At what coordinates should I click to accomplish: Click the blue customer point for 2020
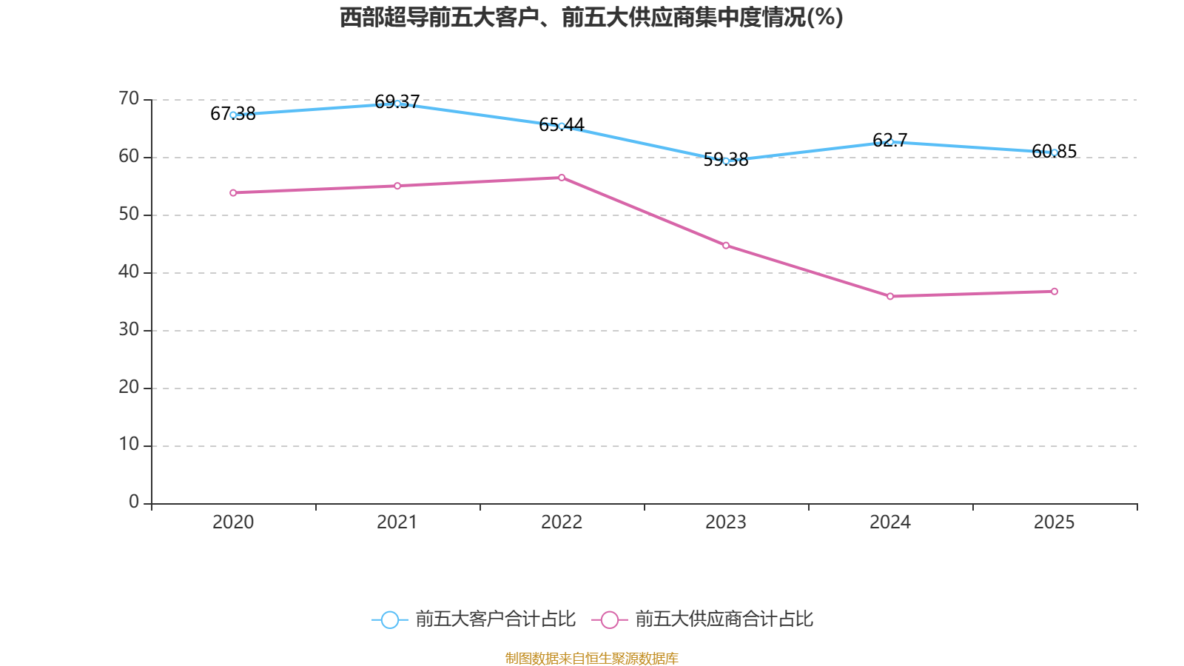(233, 115)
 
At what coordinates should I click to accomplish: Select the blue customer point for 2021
(397, 104)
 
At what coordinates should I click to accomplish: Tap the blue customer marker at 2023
(726, 161)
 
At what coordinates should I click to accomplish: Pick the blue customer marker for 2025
(1054, 152)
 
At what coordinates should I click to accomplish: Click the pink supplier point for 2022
(562, 178)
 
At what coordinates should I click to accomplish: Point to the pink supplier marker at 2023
(726, 246)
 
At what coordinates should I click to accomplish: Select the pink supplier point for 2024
(890, 297)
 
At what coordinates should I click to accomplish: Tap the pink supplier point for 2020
(233, 193)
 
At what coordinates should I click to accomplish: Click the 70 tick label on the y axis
(129, 98)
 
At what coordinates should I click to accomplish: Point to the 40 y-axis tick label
(129, 272)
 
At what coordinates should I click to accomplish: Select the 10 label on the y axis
(129, 445)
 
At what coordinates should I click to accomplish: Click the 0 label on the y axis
(134, 502)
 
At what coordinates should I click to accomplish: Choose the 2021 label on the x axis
(397, 522)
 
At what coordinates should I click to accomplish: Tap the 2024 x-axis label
(890, 522)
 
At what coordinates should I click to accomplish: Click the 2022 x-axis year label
(562, 522)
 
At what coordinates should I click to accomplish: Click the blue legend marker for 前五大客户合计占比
(389, 619)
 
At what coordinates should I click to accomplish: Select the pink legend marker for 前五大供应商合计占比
(610, 619)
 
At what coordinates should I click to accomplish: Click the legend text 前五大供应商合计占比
(724, 619)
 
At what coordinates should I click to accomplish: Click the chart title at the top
(591, 17)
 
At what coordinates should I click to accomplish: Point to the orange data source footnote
(591, 658)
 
